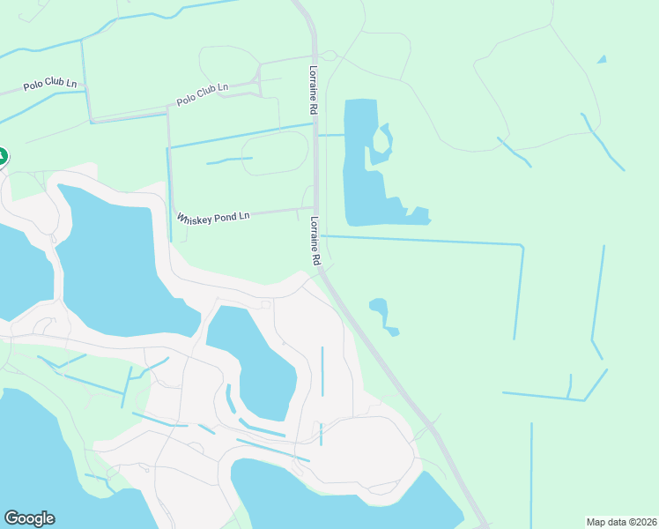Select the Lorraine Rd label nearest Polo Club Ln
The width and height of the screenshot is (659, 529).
(x=313, y=90)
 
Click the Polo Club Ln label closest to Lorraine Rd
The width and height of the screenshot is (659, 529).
(x=203, y=94)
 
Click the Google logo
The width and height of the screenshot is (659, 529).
(x=29, y=518)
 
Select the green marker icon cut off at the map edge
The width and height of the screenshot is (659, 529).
(x=3, y=157)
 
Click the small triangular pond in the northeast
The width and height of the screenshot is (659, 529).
(x=602, y=59)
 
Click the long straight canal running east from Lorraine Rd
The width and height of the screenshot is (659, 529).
(x=423, y=240)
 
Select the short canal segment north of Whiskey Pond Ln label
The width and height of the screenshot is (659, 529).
(x=229, y=160)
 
